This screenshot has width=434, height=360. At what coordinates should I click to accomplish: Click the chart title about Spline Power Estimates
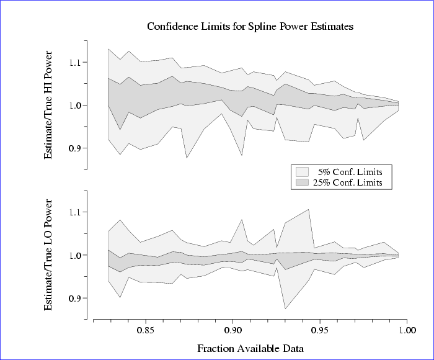click(x=250, y=27)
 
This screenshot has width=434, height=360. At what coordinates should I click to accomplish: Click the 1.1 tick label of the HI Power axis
click(x=76, y=63)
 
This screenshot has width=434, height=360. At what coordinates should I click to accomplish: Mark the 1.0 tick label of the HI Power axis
click(x=76, y=106)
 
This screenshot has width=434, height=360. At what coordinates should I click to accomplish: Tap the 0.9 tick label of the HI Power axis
click(x=76, y=148)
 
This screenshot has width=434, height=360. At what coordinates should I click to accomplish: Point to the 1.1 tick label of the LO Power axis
click(x=76, y=212)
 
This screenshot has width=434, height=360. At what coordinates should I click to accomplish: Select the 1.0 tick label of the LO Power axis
click(x=76, y=255)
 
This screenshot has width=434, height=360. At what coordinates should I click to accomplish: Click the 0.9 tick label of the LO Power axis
click(x=76, y=298)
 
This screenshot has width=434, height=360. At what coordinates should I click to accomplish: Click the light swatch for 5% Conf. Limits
click(x=303, y=171)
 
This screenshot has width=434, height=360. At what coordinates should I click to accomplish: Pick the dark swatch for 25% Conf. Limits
click(x=303, y=182)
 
